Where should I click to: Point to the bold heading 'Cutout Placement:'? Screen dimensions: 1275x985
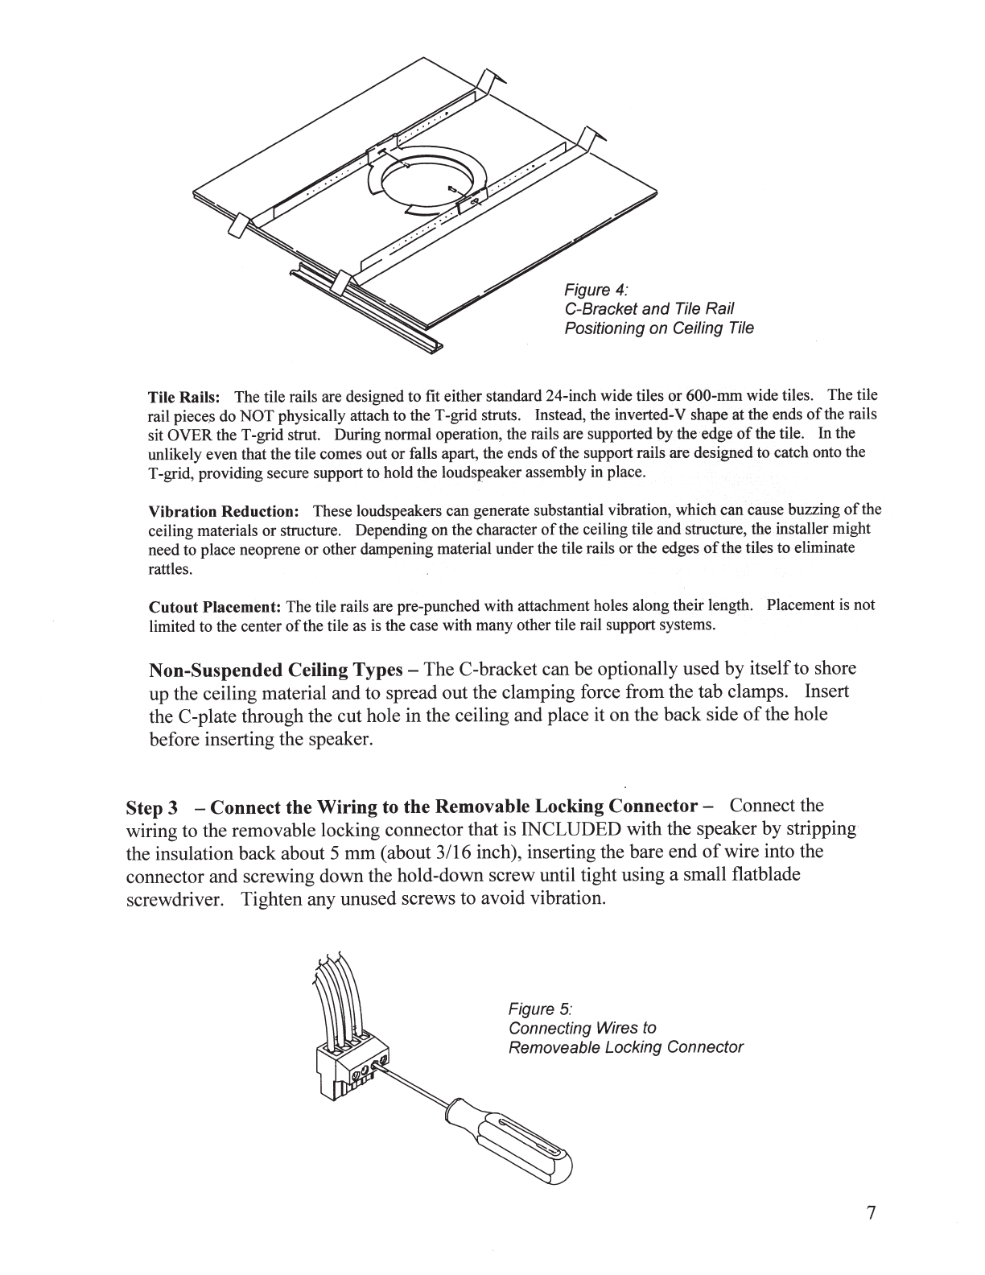click(x=215, y=606)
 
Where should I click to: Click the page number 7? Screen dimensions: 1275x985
click(x=870, y=1213)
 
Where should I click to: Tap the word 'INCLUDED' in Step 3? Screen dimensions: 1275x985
click(x=571, y=829)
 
